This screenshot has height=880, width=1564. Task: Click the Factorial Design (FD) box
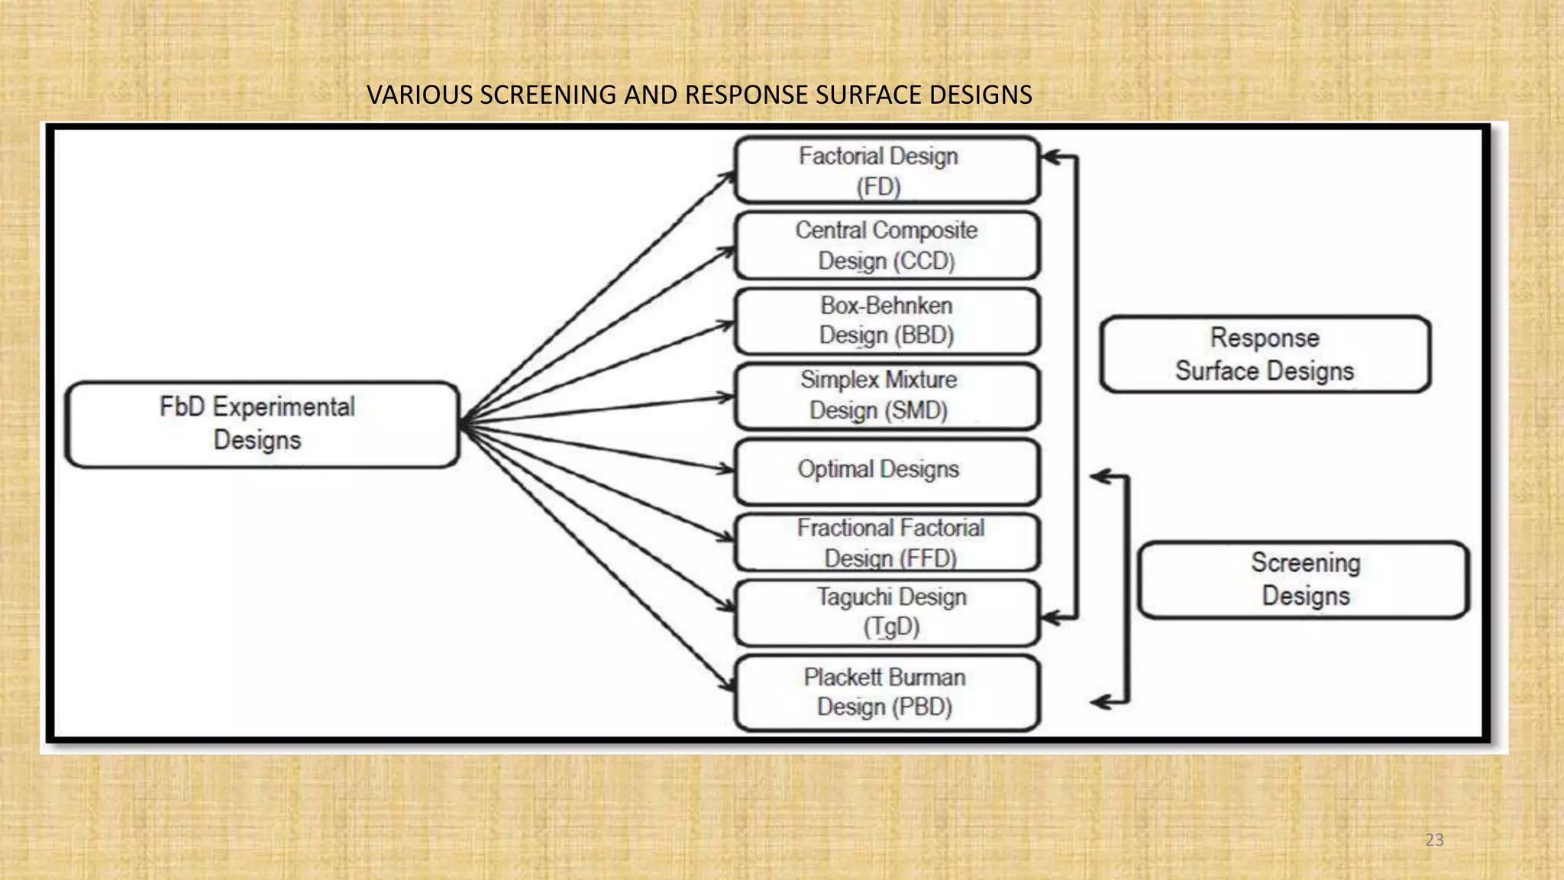(x=887, y=170)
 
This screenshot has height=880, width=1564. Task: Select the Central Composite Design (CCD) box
(x=887, y=245)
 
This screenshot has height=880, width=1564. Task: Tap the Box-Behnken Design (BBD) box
(x=887, y=321)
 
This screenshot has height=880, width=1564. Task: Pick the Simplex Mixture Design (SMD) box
(x=887, y=396)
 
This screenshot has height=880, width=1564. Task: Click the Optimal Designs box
(x=887, y=471)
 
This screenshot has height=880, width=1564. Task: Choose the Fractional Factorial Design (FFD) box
(x=887, y=542)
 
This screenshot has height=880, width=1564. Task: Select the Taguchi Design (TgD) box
(x=887, y=613)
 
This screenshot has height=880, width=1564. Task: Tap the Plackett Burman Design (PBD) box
(x=887, y=692)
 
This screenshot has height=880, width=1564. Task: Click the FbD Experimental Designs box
(x=262, y=424)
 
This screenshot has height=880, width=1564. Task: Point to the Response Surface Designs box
(x=1265, y=354)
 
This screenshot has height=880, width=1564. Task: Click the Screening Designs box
(x=1304, y=580)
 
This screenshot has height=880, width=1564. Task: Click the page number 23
(x=1434, y=840)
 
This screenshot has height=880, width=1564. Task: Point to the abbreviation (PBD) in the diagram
(x=924, y=707)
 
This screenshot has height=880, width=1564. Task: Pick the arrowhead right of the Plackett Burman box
(x=1099, y=702)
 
